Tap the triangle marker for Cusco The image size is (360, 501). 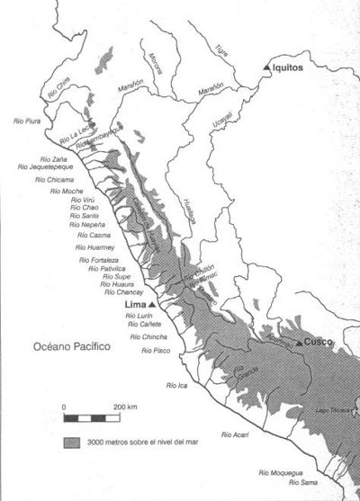pyautogui.click(x=298, y=344)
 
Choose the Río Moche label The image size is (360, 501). pyautogui.click(x=67, y=192)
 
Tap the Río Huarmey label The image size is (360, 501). pyautogui.click(x=95, y=246)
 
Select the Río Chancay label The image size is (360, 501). pyautogui.click(x=122, y=292)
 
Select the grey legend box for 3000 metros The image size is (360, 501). pyautogui.click(x=72, y=441)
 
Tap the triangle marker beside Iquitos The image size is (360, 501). pyautogui.click(x=265, y=68)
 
